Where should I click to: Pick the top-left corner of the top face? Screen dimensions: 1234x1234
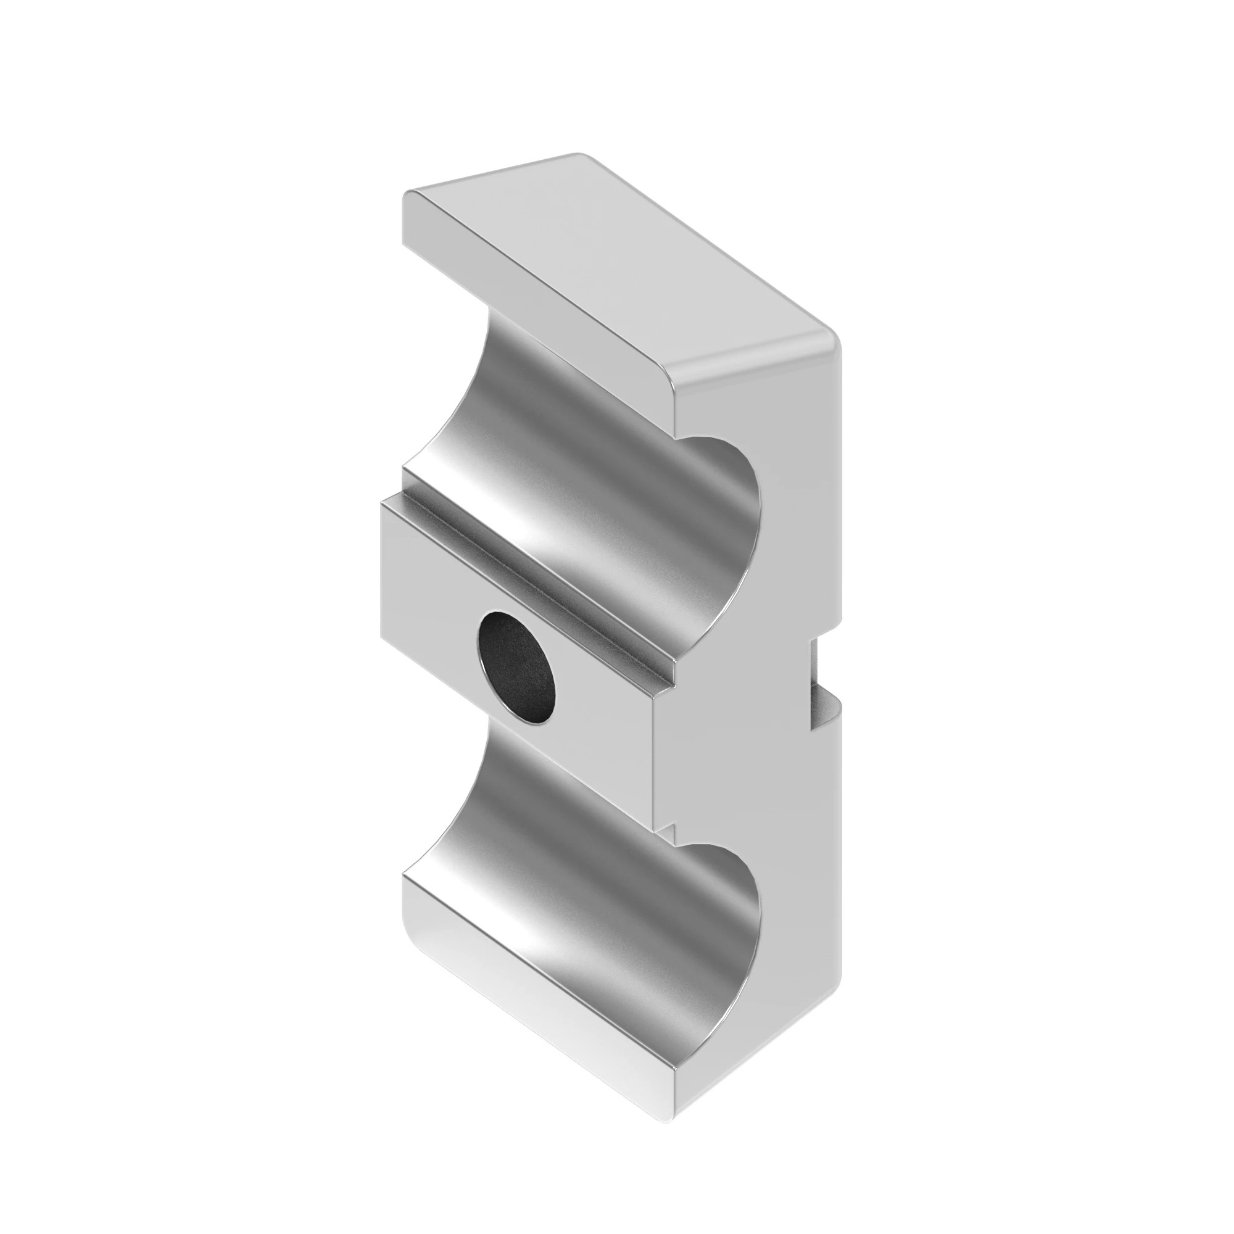409,193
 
